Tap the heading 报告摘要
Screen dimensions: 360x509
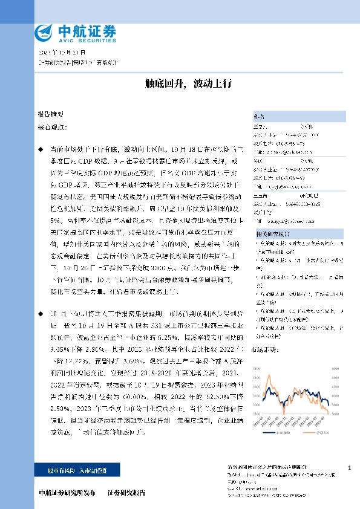pos(50,114)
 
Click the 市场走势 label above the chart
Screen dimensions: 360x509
pos(264,349)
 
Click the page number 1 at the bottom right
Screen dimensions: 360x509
pos(350,468)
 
